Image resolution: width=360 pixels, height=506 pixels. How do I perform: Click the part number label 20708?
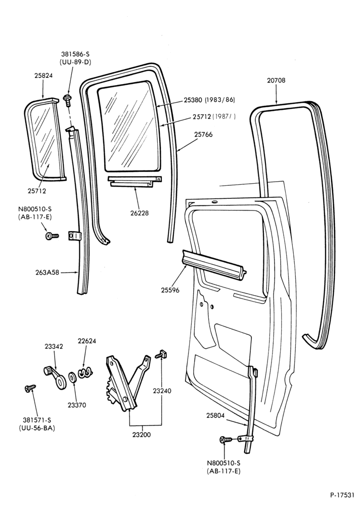(276, 80)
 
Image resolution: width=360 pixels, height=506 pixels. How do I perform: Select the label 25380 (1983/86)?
(209, 100)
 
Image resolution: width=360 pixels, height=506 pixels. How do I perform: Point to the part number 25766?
(203, 134)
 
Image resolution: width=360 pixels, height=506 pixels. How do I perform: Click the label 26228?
(140, 213)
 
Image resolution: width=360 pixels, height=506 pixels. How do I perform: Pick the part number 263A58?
(47, 272)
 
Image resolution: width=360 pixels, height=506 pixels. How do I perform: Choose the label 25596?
(170, 290)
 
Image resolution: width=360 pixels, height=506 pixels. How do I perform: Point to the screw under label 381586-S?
(68, 100)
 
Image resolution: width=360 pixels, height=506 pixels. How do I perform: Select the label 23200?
(141, 434)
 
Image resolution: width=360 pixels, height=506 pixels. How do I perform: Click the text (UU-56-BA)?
(37, 428)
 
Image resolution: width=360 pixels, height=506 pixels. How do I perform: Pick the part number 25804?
(215, 416)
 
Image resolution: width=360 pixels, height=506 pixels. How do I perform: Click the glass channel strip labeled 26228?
(135, 181)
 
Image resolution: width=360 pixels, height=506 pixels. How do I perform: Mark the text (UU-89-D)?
(75, 62)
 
